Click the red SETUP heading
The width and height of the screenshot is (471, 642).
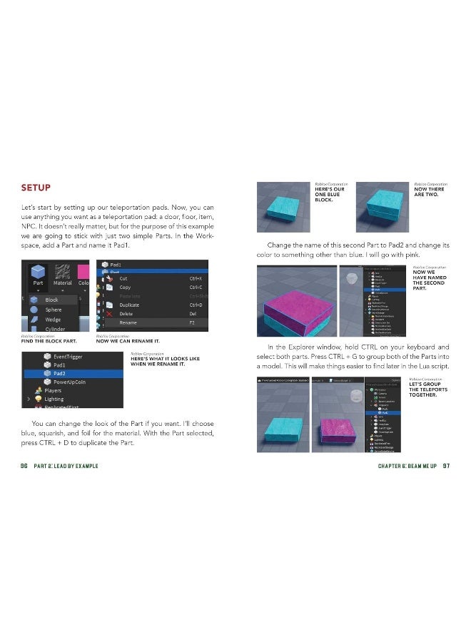35,188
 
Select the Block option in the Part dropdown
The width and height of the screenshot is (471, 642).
51,300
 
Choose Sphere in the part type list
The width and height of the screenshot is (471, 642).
54,310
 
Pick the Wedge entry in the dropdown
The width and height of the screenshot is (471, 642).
54,320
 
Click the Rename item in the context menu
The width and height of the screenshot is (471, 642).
129,322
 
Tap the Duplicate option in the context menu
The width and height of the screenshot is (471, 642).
129,305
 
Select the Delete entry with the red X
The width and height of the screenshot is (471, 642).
126,314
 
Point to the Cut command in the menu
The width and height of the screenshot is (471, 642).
123,279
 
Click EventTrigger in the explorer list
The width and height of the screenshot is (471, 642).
68,355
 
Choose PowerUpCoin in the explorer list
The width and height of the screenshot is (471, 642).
71,382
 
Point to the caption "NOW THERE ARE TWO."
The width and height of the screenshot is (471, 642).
429,192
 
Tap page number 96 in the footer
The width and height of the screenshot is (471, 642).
24,466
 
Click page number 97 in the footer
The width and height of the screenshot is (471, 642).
445,466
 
